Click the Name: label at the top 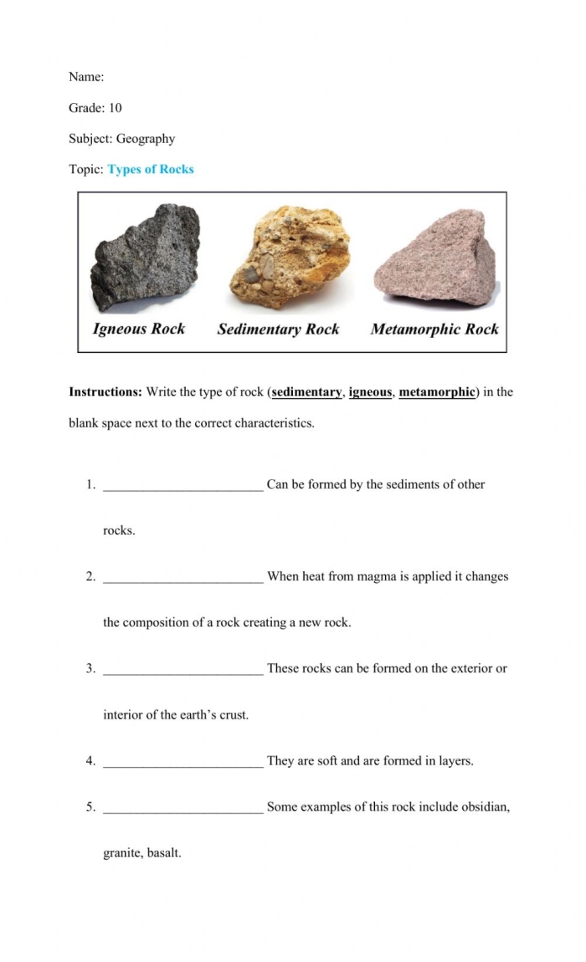click(86, 77)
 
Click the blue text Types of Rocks click(151, 169)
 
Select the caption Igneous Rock click(139, 329)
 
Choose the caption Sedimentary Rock click(278, 329)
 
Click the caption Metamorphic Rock click(434, 329)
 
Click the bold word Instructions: click(105, 391)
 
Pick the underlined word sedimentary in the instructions click(306, 391)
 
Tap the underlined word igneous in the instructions click(370, 391)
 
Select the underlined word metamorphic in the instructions click(437, 391)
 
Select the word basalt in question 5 click(164, 853)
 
